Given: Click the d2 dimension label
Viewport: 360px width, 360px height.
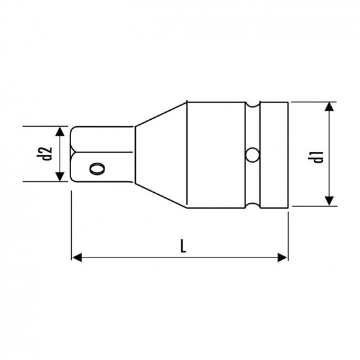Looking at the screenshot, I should tap(45, 154).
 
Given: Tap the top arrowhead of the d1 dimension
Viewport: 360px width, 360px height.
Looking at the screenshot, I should tap(329, 106).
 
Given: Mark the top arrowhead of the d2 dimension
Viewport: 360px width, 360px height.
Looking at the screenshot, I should tap(61, 131).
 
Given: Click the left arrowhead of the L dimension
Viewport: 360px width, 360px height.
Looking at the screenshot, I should tap(76, 258).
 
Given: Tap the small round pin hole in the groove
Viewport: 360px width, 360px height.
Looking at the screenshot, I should tap(254, 154).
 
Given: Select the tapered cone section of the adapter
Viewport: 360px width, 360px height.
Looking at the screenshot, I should tap(160, 154).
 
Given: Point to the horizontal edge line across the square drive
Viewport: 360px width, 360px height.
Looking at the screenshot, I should tap(102, 153).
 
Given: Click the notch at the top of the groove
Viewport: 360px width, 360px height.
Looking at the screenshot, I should tap(254, 104).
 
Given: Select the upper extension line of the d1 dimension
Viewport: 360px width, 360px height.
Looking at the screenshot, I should tap(314, 101).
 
